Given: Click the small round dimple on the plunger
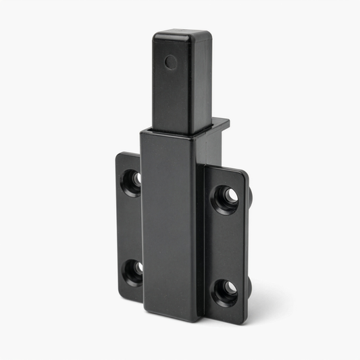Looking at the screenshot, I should pos(171,62).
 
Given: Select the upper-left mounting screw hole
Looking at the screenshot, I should pos(131,181).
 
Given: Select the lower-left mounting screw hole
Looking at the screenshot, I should pos(132,271).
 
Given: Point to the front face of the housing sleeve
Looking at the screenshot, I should pos(169,223).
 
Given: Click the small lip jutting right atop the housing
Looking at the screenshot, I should pos(220,124).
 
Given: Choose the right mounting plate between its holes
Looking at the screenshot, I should pos(226,245).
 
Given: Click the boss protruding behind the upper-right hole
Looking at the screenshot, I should pos(250,197).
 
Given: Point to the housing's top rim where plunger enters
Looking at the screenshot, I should pos(172,131).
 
